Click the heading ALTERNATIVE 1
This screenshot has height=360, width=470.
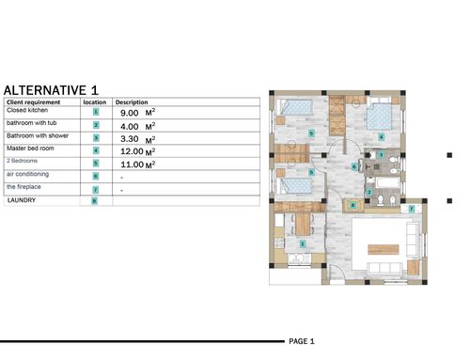[x=51, y=90]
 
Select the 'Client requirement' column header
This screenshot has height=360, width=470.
[x=33, y=102]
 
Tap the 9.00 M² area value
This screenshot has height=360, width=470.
[x=138, y=113]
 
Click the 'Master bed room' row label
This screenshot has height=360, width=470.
[x=30, y=149]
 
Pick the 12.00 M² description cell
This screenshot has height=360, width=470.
[x=138, y=151]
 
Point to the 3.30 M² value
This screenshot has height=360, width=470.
[x=138, y=139]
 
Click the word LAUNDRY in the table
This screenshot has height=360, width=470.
[x=22, y=200]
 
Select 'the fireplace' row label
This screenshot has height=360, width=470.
[x=23, y=187]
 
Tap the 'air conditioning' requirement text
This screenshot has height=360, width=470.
[x=27, y=174]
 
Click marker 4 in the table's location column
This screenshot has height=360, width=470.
[x=96, y=150]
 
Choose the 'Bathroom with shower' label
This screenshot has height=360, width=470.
[x=38, y=135]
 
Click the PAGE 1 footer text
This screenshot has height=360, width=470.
[x=302, y=341]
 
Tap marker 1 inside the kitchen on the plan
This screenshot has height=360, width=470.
[x=303, y=243]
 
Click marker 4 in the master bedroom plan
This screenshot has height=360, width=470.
[x=381, y=137]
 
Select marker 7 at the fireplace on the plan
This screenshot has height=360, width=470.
[x=412, y=209]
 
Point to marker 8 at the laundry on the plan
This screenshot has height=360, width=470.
[x=353, y=206]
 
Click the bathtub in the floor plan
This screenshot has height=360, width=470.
[x=388, y=183]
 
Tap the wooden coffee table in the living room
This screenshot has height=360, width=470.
[x=384, y=249]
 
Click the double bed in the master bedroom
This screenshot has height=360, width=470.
[x=379, y=116]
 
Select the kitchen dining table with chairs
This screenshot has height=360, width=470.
[x=303, y=224]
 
